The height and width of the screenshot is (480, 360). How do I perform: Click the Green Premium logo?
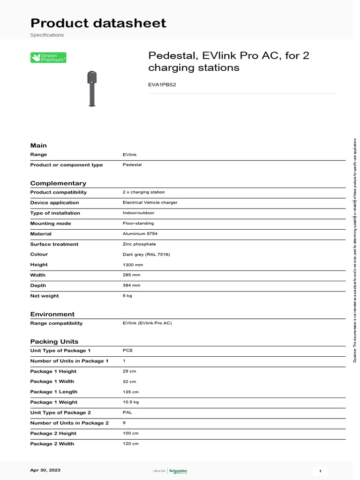pos(48,58)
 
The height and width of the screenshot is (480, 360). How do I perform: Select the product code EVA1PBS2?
pos(162,85)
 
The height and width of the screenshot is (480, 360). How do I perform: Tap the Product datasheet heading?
pos(98,23)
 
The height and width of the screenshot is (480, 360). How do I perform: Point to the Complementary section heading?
pos(58,183)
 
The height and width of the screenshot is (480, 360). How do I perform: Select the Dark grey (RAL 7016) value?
pos(146,254)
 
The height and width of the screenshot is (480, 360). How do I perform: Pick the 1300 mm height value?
pos(133,264)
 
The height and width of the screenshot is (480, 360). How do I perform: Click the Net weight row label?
pos(45,296)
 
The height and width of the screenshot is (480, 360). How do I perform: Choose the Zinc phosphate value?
pos(139,244)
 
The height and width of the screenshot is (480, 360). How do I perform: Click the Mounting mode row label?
pos(51,223)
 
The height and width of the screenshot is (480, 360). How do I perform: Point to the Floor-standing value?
pos(138,223)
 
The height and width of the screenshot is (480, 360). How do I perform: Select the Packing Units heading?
pos(54,341)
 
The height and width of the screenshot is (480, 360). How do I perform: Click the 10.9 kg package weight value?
pos(131,402)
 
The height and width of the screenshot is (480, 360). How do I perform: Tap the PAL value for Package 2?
pos(127,412)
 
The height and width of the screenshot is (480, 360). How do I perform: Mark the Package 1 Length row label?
pos(54,392)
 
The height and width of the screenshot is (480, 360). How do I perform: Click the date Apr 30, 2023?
pos(45,470)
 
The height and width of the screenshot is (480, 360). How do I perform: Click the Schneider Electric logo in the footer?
pos(178,471)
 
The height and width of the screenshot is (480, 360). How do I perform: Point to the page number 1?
pos(320,471)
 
